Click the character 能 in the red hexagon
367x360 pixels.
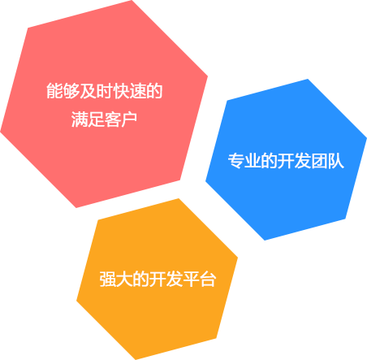tap(54, 91)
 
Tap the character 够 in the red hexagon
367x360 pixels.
tap(71, 91)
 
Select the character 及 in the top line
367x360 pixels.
tap(88, 91)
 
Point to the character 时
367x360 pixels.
tap(105, 91)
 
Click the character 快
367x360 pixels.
tap(121, 91)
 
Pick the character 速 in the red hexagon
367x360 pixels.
tap(138, 91)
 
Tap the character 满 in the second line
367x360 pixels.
tap(80, 119)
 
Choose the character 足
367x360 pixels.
tap(96, 119)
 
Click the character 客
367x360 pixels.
tap(113, 119)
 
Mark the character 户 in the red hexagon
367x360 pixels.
tap(129, 119)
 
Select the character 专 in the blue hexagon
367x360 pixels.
tap(236, 161)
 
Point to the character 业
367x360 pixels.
tap(253, 161)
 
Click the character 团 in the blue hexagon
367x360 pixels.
tap(319, 161)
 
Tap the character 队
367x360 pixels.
tap(336, 161)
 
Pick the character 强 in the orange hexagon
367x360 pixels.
tap(108, 279)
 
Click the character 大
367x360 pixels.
tap(124, 279)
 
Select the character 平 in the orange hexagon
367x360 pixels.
tap(191, 279)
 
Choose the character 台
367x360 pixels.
tap(208, 279)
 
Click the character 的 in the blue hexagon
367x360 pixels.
tap(270, 161)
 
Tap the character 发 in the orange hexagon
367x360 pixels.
tap(175, 279)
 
